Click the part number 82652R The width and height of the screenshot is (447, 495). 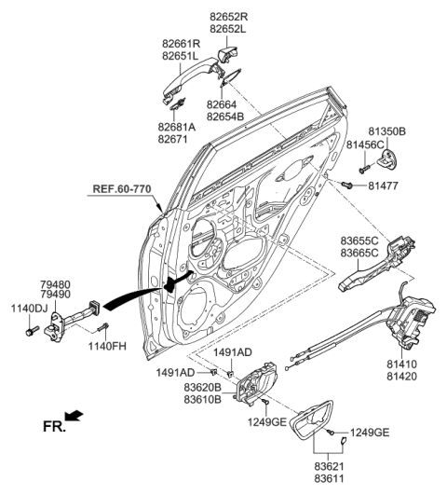click(x=228, y=16)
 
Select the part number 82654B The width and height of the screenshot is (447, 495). click(x=225, y=116)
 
